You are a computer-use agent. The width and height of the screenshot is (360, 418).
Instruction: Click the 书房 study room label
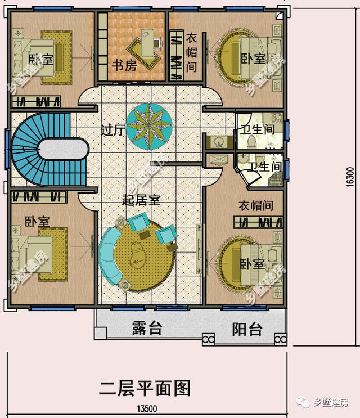[x=124, y=66]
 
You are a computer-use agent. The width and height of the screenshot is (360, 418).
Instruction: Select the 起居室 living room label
[x=142, y=200]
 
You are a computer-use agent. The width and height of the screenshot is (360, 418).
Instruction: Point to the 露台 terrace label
[x=147, y=329]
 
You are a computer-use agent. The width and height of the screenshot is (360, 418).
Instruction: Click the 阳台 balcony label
[x=247, y=329]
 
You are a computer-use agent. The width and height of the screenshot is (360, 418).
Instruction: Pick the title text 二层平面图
[x=145, y=388]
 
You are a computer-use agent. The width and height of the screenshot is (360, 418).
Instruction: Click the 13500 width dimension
[x=146, y=409]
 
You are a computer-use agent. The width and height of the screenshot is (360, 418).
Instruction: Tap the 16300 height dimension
[x=349, y=180]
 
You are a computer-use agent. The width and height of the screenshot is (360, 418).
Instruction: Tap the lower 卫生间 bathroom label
[x=265, y=167]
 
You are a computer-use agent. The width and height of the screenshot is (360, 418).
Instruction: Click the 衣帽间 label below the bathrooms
[x=255, y=205]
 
